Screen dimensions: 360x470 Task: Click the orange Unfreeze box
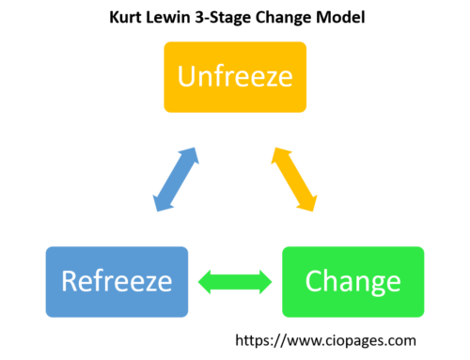(235, 77)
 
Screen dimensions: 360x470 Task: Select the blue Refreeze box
(117, 281)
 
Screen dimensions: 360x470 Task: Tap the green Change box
(352, 281)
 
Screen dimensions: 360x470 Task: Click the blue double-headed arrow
(176, 179)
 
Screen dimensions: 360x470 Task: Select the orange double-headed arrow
(294, 179)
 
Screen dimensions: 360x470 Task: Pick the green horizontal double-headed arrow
(235, 281)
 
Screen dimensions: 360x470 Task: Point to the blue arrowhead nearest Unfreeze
(190, 154)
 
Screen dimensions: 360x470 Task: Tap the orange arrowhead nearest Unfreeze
(279, 154)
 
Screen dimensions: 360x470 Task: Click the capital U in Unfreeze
(187, 76)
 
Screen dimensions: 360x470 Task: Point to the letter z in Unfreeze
(266, 78)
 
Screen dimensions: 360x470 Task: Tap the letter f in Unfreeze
(220, 75)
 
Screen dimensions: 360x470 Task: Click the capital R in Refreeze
(69, 281)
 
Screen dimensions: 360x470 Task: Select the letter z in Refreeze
(149, 283)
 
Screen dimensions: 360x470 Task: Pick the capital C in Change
(314, 281)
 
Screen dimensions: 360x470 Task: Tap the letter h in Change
(330, 280)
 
